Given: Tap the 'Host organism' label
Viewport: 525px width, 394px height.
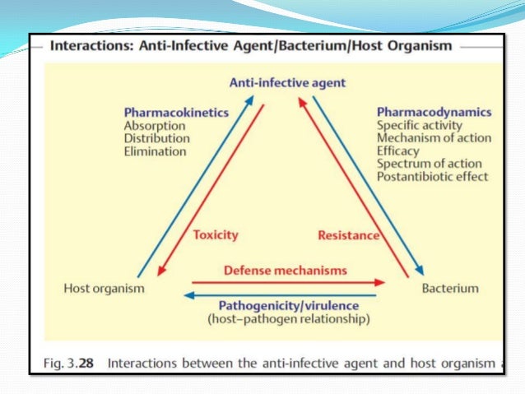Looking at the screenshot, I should point(105,288).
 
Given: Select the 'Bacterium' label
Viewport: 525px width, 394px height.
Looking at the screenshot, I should point(449,288).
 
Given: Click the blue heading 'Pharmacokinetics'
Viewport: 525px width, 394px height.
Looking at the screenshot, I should point(176,113).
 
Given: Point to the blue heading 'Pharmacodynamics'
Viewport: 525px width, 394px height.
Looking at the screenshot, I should point(434,112).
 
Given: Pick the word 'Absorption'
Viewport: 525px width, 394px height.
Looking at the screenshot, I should point(155,126).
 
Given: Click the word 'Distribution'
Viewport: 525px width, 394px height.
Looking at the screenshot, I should point(156,138).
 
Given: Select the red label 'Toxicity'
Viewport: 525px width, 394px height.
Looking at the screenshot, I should point(216,234).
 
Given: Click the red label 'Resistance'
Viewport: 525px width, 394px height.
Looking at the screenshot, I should point(348,235).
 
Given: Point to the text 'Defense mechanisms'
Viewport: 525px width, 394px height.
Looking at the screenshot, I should point(286,270).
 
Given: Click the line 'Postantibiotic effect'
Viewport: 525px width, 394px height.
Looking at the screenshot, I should point(432,176).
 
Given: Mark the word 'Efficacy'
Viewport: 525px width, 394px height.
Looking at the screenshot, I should point(398,151).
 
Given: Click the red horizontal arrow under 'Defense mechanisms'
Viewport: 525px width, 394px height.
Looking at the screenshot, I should point(284,281).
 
